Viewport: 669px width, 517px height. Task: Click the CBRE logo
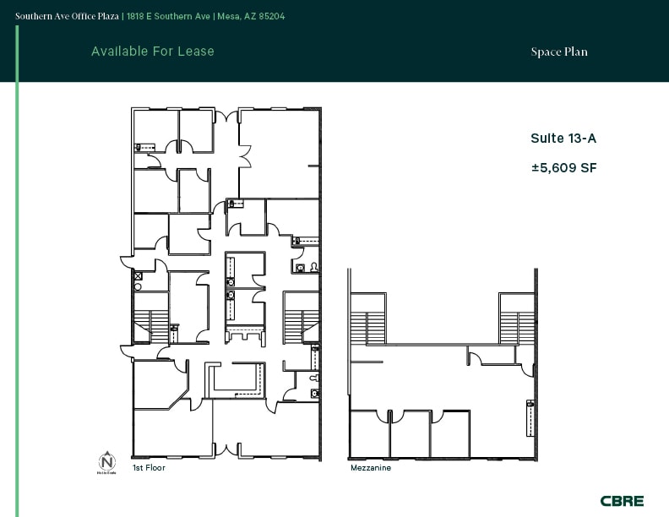tap(622, 501)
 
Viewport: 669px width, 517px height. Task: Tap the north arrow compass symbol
tap(107, 462)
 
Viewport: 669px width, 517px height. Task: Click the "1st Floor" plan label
tap(149, 467)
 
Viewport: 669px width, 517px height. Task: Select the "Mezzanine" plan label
tap(370, 467)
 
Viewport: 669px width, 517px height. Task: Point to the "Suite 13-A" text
tap(557, 139)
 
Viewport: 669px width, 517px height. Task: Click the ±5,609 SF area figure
tap(563, 168)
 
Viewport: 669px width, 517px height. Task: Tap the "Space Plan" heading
tap(558, 52)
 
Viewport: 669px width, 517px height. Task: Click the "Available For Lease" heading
tap(153, 52)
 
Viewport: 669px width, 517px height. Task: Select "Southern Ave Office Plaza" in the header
tap(68, 15)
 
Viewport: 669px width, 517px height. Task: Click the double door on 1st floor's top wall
tap(226, 116)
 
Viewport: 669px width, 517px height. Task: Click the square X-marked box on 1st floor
tap(138, 275)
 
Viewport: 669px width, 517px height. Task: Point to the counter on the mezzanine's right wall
tap(530, 414)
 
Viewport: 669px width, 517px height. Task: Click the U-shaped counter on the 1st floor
tap(237, 378)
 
